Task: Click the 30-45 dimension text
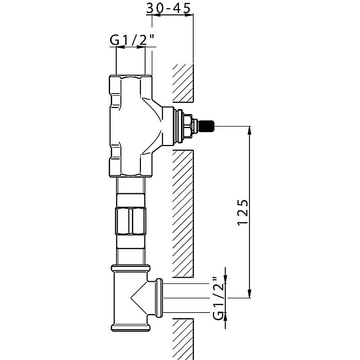[168, 8]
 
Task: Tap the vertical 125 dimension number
[242, 212]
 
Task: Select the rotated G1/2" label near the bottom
[218, 298]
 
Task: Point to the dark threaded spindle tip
[207, 127]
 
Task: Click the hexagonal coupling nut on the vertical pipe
[131, 221]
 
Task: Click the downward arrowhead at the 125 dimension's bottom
[249, 294]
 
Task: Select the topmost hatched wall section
[183, 83]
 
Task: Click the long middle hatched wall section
[183, 214]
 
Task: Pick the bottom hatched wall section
[183, 339]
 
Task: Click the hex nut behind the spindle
[187, 127]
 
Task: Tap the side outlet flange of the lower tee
[159, 298]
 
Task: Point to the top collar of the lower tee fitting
[131, 268]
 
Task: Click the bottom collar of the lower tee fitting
[130, 328]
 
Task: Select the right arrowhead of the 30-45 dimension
[189, 15]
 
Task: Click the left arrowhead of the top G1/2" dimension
[120, 47]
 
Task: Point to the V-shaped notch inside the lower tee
[139, 298]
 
